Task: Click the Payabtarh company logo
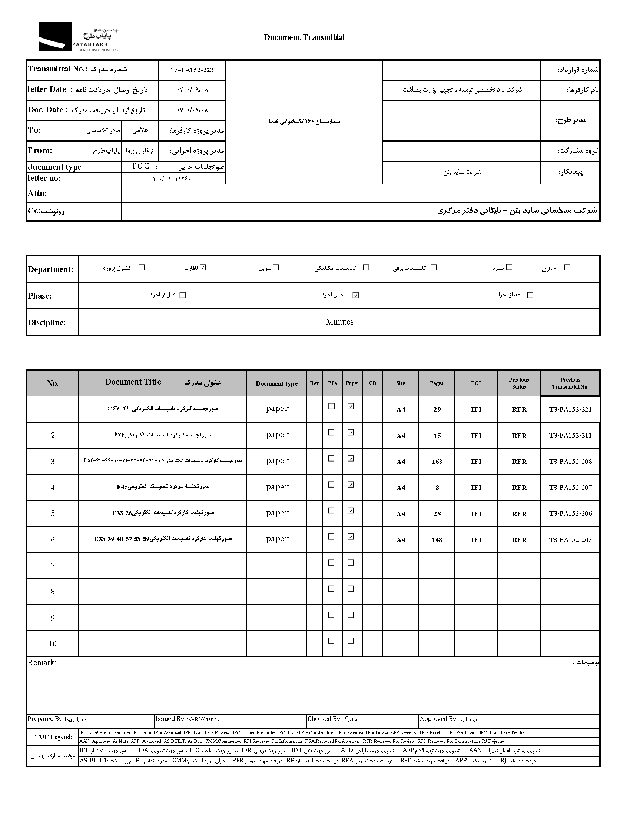click(78, 37)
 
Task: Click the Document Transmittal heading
click(304, 37)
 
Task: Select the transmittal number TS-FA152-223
click(192, 70)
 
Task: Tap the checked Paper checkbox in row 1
click(351, 406)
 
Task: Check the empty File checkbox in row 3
click(331, 458)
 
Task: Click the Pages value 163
click(437, 462)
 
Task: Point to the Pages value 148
click(437, 540)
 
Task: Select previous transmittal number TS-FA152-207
click(570, 488)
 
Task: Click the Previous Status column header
click(519, 383)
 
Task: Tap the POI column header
click(476, 383)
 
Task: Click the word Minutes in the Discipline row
click(339, 322)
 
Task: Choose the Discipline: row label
click(47, 323)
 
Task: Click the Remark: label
click(42, 663)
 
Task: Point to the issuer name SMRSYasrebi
click(203, 719)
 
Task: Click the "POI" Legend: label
click(53, 737)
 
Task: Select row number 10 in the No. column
click(53, 644)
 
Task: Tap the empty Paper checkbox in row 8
click(351, 589)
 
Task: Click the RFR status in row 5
click(519, 514)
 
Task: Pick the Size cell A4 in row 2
click(401, 436)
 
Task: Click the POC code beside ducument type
click(141, 166)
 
